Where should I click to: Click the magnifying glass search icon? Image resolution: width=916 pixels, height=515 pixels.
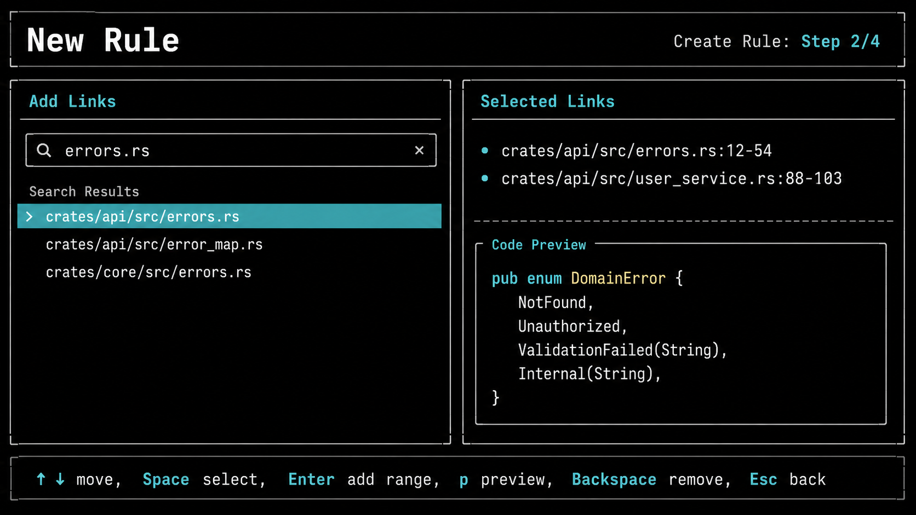click(44, 151)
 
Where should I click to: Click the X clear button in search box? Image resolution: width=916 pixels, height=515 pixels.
click(419, 151)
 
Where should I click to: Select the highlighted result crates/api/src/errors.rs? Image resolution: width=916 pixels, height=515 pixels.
click(142, 217)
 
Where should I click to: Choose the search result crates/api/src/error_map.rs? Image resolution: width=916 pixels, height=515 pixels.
click(154, 244)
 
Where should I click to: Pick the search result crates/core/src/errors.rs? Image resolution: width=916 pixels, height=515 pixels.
click(148, 272)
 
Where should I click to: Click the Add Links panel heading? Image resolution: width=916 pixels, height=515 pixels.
click(72, 101)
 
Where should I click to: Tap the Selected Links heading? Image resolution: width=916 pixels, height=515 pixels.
click(547, 101)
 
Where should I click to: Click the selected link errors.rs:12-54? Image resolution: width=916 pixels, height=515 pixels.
click(636, 151)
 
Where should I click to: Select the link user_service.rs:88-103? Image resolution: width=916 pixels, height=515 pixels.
click(672, 178)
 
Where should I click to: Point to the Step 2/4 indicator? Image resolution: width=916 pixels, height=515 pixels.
click(840, 41)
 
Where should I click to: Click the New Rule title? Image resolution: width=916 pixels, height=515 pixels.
click(102, 40)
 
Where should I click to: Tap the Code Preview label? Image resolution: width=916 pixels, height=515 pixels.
click(539, 245)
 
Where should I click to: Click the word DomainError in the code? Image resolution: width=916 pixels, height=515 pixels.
click(619, 278)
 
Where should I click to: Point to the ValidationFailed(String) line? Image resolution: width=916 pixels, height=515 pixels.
click(622, 350)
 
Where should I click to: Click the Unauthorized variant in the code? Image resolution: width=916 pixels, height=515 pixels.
click(572, 326)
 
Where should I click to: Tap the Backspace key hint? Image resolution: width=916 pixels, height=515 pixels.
click(614, 479)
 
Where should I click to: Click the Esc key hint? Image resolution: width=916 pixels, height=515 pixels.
click(763, 479)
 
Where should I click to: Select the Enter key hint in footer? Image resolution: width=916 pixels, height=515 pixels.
click(311, 479)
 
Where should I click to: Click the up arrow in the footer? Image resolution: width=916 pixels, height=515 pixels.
click(41, 479)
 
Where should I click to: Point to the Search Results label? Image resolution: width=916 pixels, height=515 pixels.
click(84, 192)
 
